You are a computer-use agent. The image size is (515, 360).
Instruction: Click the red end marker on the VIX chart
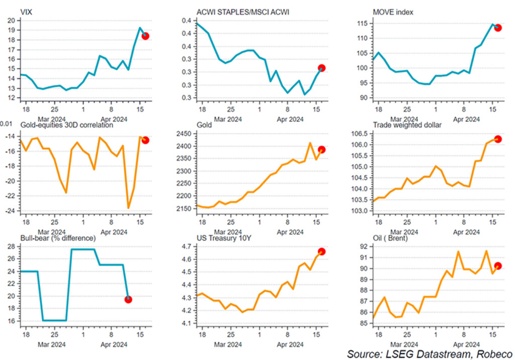(x=145, y=36)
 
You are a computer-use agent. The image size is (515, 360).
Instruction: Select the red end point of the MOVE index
(x=498, y=28)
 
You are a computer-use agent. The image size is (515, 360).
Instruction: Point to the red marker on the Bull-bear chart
(x=128, y=299)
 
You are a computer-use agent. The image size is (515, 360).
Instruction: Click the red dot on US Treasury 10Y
(x=321, y=251)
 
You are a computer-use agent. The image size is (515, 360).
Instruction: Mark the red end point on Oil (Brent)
(x=498, y=266)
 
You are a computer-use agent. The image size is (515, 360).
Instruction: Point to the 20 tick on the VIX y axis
(x=12, y=21)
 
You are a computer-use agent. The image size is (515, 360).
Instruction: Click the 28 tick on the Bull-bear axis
(x=12, y=246)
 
